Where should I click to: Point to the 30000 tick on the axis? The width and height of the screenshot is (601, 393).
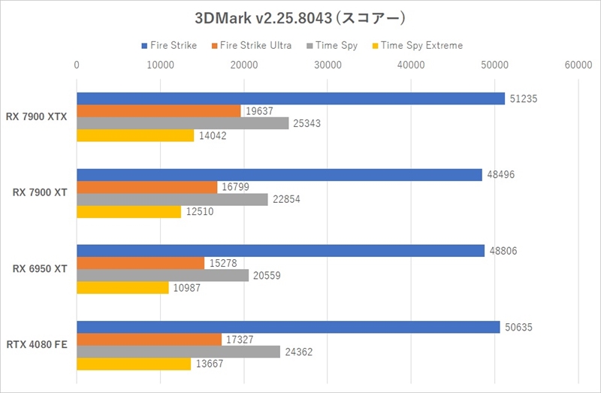[x=328, y=66]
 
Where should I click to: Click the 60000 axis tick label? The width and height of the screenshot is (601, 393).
[x=578, y=66]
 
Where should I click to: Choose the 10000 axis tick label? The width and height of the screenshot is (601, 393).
[x=160, y=66]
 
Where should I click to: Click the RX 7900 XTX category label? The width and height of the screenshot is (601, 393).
[x=38, y=117]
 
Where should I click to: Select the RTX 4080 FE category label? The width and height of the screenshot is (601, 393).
[x=38, y=346]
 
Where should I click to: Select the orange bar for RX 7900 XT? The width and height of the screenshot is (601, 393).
[x=147, y=187]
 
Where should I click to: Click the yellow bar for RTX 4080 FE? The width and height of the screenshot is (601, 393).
[x=134, y=364]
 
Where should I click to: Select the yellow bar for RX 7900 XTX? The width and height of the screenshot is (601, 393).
[x=135, y=136]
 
